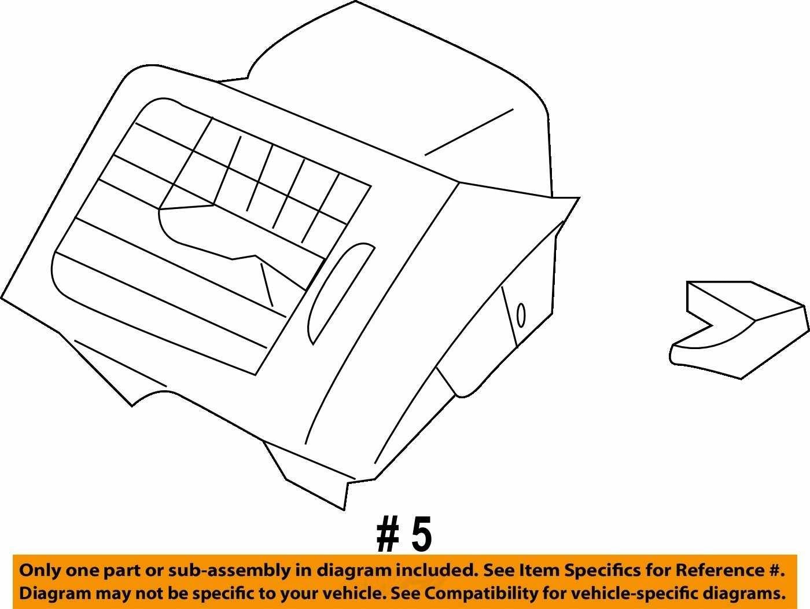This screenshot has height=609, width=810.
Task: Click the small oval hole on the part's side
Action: (521, 315)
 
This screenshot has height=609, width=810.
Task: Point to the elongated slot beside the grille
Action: (340, 294)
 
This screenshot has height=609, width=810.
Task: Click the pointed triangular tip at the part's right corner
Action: (578, 198)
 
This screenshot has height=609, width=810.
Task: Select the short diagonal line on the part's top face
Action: (469, 132)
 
